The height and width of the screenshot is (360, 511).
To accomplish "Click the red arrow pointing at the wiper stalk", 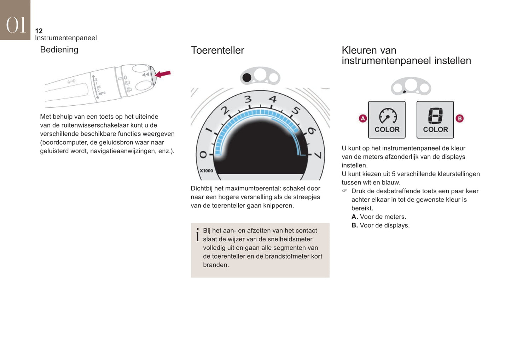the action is tap(163, 74).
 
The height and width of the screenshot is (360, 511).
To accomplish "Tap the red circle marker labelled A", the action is tap(363, 118).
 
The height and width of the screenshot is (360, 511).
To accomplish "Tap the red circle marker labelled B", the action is tap(460, 118).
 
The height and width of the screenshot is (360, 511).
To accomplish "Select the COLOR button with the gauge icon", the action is tap(387, 120).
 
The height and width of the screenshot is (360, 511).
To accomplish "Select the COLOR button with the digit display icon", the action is tap(435, 120).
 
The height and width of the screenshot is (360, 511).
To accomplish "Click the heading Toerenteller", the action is tap(217, 51).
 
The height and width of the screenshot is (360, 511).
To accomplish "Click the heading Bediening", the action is tap(59, 50).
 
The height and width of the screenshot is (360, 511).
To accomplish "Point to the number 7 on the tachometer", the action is tap(318, 155).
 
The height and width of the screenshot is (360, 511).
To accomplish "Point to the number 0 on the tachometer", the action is tap(203, 154).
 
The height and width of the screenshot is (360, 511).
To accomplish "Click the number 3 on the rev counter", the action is tap(248, 99).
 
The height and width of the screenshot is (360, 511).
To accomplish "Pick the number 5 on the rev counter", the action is tap(296, 111).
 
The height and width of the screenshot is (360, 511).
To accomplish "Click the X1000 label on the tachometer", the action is tap(207, 171).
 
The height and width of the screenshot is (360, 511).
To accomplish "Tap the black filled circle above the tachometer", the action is tap(247, 78).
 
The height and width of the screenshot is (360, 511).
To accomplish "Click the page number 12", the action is tap(39, 31).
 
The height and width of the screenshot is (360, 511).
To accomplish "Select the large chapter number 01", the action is tap(16, 25).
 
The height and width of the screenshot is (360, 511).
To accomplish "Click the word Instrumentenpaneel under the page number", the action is tap(66, 38).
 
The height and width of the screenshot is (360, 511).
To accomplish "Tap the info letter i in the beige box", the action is tap(198, 235).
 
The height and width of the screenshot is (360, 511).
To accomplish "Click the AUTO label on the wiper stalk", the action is tap(102, 93).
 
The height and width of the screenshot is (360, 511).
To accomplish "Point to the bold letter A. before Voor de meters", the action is tap(355, 217).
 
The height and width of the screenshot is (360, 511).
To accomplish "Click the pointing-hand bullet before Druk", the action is tap(345, 190).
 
